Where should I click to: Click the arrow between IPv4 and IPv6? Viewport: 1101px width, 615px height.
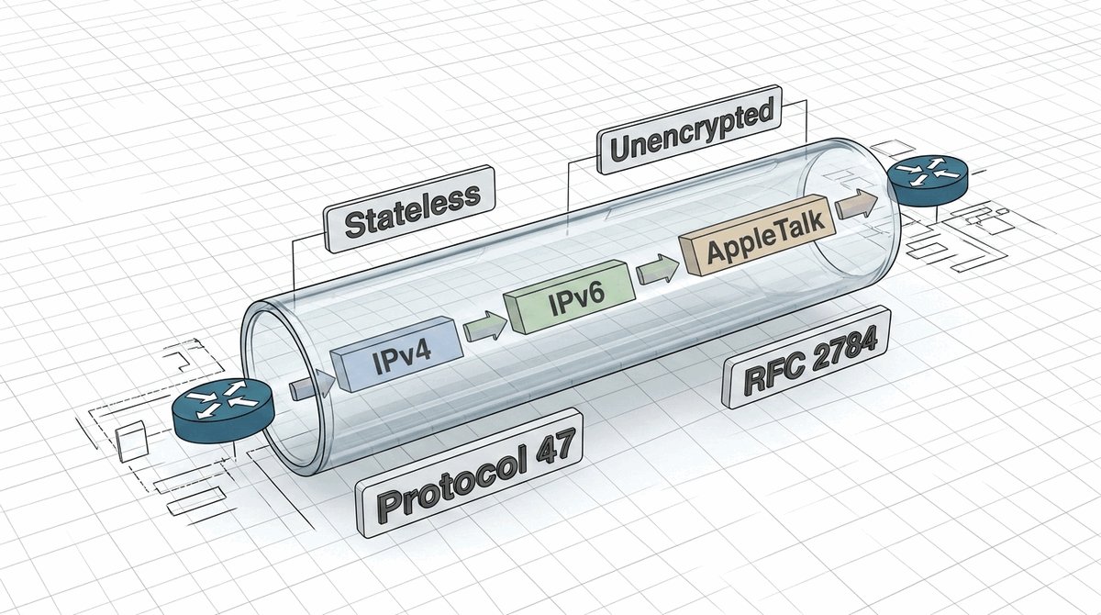point(484,326)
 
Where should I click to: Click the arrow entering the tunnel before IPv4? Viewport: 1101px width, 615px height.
point(306,386)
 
